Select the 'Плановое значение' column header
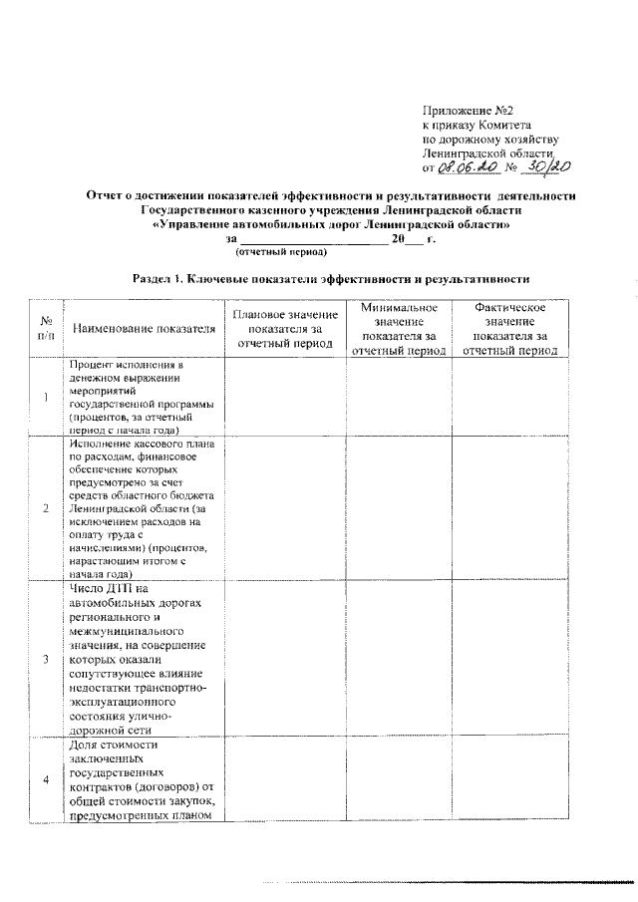coord(286,328)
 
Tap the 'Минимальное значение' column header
coord(400,328)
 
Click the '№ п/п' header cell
coord(46,328)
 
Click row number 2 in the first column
coord(46,508)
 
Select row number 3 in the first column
coord(46,659)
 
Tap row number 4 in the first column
coord(46,778)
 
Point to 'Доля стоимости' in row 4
coord(116,745)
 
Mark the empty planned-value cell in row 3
coord(286,659)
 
